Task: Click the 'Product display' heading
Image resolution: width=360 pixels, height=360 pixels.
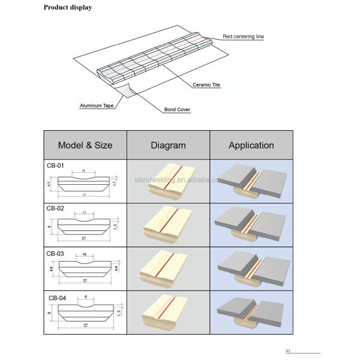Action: click(x=68, y=8)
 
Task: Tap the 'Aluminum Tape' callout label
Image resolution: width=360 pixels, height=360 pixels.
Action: click(x=97, y=106)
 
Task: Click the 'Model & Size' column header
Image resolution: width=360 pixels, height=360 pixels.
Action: click(x=85, y=145)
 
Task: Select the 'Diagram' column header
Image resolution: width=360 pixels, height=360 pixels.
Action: click(x=168, y=145)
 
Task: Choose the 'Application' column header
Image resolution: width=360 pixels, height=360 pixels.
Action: click(x=251, y=145)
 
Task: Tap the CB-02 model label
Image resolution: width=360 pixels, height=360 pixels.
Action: click(x=55, y=208)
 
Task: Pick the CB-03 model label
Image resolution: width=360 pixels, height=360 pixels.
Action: click(x=55, y=253)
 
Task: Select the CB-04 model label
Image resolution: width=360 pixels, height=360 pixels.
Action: click(x=57, y=298)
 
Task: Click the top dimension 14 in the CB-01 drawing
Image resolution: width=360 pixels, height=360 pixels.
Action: click(x=83, y=172)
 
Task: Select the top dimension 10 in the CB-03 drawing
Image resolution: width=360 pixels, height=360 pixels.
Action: click(x=85, y=255)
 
